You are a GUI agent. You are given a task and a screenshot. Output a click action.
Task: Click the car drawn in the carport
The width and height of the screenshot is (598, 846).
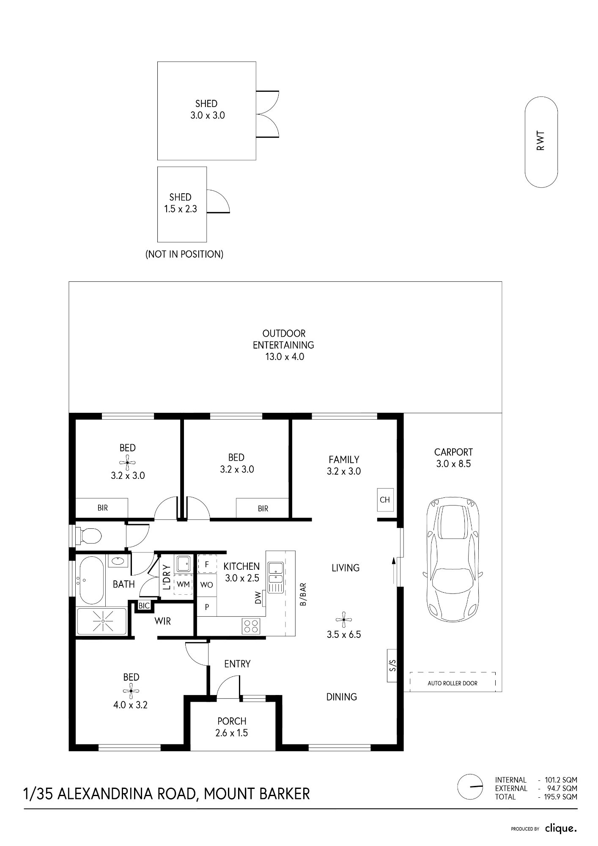[453, 558]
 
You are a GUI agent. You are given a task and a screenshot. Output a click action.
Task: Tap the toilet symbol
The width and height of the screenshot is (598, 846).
[88, 536]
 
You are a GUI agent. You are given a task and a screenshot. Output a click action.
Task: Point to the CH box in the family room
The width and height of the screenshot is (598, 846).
[385, 500]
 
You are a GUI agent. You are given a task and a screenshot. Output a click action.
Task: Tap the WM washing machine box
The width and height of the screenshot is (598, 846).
[183, 585]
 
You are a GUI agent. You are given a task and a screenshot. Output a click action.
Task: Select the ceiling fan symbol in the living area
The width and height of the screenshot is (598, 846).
[343, 620]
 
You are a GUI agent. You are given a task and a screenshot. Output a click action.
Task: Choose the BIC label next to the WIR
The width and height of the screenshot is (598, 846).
[144, 606]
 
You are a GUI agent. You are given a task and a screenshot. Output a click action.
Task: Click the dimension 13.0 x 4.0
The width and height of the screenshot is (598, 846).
[285, 357]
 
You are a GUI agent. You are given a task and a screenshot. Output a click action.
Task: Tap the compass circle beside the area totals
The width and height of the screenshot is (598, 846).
[470, 786]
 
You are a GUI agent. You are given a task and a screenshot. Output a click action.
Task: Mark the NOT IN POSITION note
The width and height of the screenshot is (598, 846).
[184, 254]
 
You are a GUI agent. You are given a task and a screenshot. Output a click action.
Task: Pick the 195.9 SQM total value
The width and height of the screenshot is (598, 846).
[561, 797]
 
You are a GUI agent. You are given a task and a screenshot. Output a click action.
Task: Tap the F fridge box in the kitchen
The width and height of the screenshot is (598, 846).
[207, 564]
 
